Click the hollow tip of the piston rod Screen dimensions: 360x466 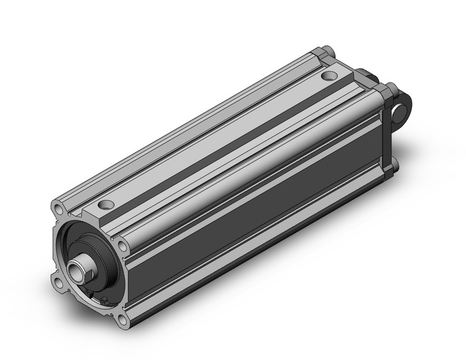pyautogui.click(x=77, y=268)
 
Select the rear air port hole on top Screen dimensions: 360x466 pyautogui.click(x=330, y=77)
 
